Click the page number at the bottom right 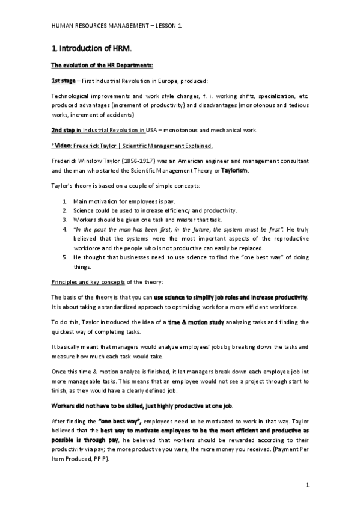(307, 485)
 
